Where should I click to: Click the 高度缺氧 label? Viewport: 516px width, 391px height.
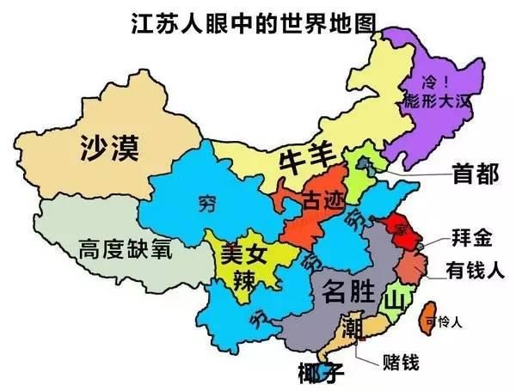[125, 251]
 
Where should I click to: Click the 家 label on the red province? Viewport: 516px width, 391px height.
[397, 229]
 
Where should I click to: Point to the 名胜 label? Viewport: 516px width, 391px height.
[348, 292]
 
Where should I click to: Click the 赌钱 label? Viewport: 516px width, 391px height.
[397, 363]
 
